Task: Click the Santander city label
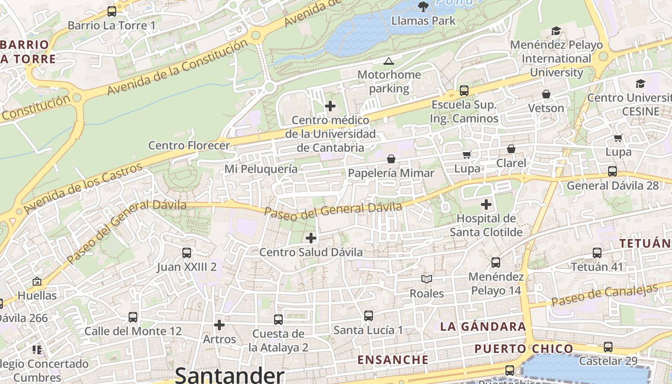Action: coord(229,375)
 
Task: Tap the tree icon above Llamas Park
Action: coord(423,6)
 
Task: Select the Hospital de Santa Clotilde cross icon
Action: coord(486,204)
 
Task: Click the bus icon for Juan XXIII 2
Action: coord(187,252)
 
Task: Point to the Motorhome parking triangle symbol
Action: coord(388,61)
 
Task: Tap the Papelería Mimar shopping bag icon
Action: coord(391,159)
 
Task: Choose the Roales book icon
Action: coord(426,279)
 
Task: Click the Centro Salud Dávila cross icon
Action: coord(311,238)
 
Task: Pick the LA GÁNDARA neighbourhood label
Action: coord(483,327)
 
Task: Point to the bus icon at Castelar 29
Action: coord(608,347)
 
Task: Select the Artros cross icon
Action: coord(219,325)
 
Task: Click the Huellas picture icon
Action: coord(37,281)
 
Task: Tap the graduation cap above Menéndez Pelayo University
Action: coord(556,31)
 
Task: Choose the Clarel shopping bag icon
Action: coord(511,149)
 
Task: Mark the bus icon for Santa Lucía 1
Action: coord(368,316)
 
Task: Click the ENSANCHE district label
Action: coord(393,360)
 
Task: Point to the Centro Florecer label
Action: coord(189,145)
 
